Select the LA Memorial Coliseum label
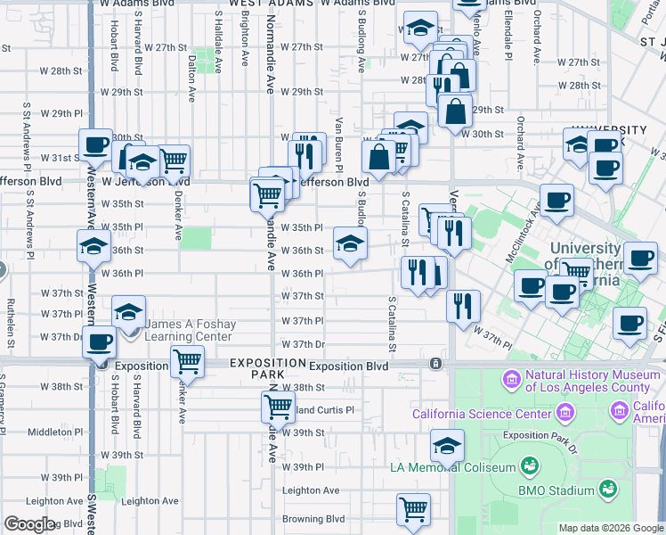tap(453, 467)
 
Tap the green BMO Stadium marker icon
tap(608, 488)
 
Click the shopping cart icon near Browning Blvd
tap(413, 509)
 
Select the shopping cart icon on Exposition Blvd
tap(187, 361)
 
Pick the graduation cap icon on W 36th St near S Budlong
tap(350, 243)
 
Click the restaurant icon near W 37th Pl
tap(463, 306)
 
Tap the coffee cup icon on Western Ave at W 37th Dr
tap(101, 342)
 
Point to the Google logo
tap(29, 525)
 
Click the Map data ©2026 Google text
tap(610, 528)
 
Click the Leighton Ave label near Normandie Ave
tap(311, 490)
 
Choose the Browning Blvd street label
tap(313, 518)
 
